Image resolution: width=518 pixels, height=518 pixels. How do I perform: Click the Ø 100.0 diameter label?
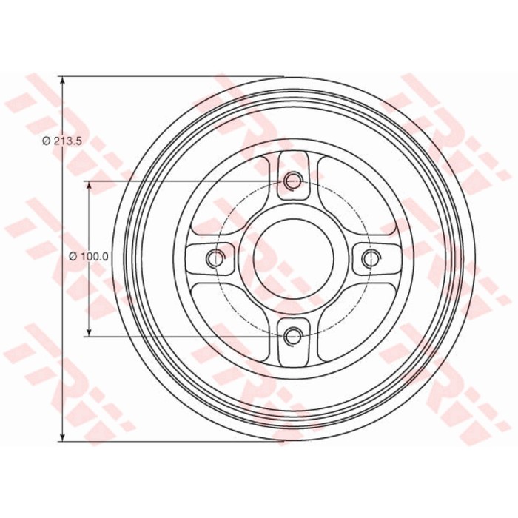click(89, 257)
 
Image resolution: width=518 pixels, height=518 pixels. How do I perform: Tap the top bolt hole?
click(293, 180)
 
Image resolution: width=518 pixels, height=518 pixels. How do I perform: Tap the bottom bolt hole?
click(293, 337)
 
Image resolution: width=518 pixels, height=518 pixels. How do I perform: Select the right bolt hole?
click(371, 258)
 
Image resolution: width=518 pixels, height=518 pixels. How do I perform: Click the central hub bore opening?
click(293, 258)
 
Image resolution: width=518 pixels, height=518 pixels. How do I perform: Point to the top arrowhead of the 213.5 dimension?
click(62, 81)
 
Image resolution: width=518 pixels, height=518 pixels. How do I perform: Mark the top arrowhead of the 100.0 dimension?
click(89, 186)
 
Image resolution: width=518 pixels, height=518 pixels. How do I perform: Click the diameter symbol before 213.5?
click(46, 141)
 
